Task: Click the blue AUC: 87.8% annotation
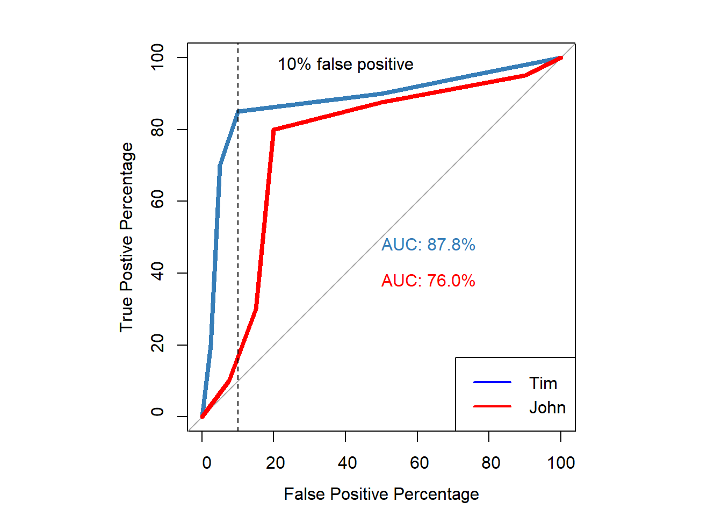click(x=428, y=245)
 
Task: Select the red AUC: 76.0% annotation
click(x=428, y=281)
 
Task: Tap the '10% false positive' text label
click(x=345, y=64)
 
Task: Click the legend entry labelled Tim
click(x=543, y=383)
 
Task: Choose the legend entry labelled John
click(x=547, y=407)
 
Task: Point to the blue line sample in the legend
click(x=492, y=382)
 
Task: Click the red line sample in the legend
click(x=492, y=406)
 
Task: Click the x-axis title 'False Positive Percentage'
click(x=381, y=494)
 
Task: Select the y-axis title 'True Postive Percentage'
click(x=126, y=237)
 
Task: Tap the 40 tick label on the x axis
click(x=347, y=463)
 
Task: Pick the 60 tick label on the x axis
click(x=419, y=463)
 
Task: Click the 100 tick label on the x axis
click(x=561, y=463)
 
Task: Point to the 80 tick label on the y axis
click(x=157, y=129)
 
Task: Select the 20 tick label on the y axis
click(x=157, y=344)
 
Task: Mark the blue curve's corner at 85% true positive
click(x=238, y=112)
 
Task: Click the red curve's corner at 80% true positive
click(x=273, y=130)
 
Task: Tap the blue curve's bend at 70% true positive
click(x=220, y=166)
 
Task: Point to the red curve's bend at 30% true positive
click(x=256, y=309)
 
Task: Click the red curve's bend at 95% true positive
click(x=525, y=76)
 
